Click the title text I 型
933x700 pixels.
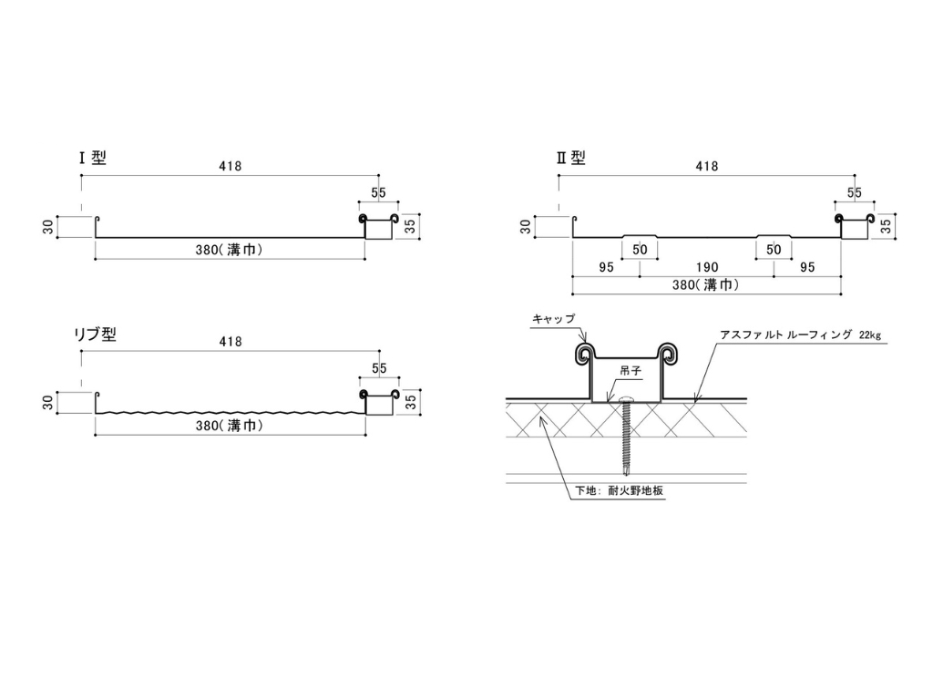pyautogui.click(x=93, y=158)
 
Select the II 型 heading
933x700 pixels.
pyautogui.click(x=571, y=158)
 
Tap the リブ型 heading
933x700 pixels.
pyautogui.click(x=95, y=335)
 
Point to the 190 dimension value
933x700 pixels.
pyautogui.click(x=706, y=268)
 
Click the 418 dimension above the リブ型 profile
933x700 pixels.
pyautogui.click(x=231, y=342)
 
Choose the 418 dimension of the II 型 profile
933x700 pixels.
pyautogui.click(x=706, y=166)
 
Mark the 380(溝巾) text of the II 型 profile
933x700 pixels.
pyautogui.click(x=706, y=284)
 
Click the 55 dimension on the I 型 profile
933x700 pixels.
pyautogui.click(x=378, y=193)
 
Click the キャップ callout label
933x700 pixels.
pyautogui.click(x=552, y=319)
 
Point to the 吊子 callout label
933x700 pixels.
pyautogui.click(x=631, y=371)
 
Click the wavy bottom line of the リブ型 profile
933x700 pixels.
pyautogui.click(x=228, y=415)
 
